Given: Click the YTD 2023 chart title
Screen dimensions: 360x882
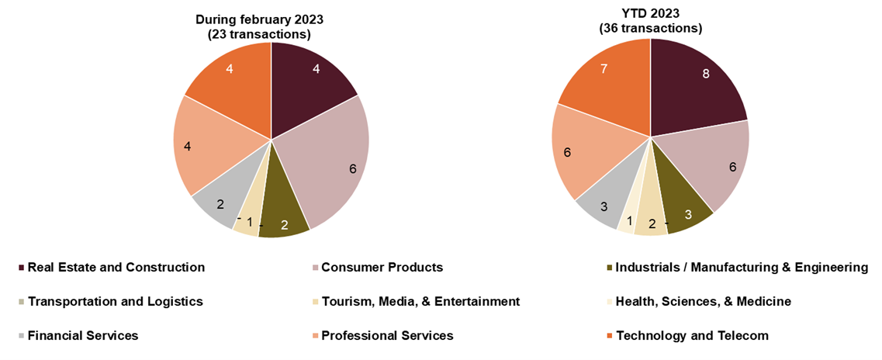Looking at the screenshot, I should [x=650, y=20].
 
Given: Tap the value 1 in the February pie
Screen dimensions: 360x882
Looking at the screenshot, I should [x=250, y=222].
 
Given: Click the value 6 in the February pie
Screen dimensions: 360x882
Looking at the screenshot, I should [x=353, y=168].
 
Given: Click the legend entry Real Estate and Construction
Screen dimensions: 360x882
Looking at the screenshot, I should [x=116, y=268].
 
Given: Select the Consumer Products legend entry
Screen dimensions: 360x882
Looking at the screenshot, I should [x=382, y=268].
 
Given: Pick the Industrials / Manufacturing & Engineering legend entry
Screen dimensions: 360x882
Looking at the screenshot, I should [x=741, y=268].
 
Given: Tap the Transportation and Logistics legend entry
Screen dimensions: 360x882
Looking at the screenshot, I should [x=115, y=302].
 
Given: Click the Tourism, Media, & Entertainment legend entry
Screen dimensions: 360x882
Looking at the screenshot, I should [x=420, y=302].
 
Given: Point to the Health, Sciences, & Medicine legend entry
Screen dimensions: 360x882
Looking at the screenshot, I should [x=703, y=302].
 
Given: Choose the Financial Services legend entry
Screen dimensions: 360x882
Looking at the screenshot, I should [x=82, y=336].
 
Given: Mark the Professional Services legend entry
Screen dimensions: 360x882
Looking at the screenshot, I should [x=386, y=336].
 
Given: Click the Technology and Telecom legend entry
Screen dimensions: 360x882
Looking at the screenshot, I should [x=691, y=336].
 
